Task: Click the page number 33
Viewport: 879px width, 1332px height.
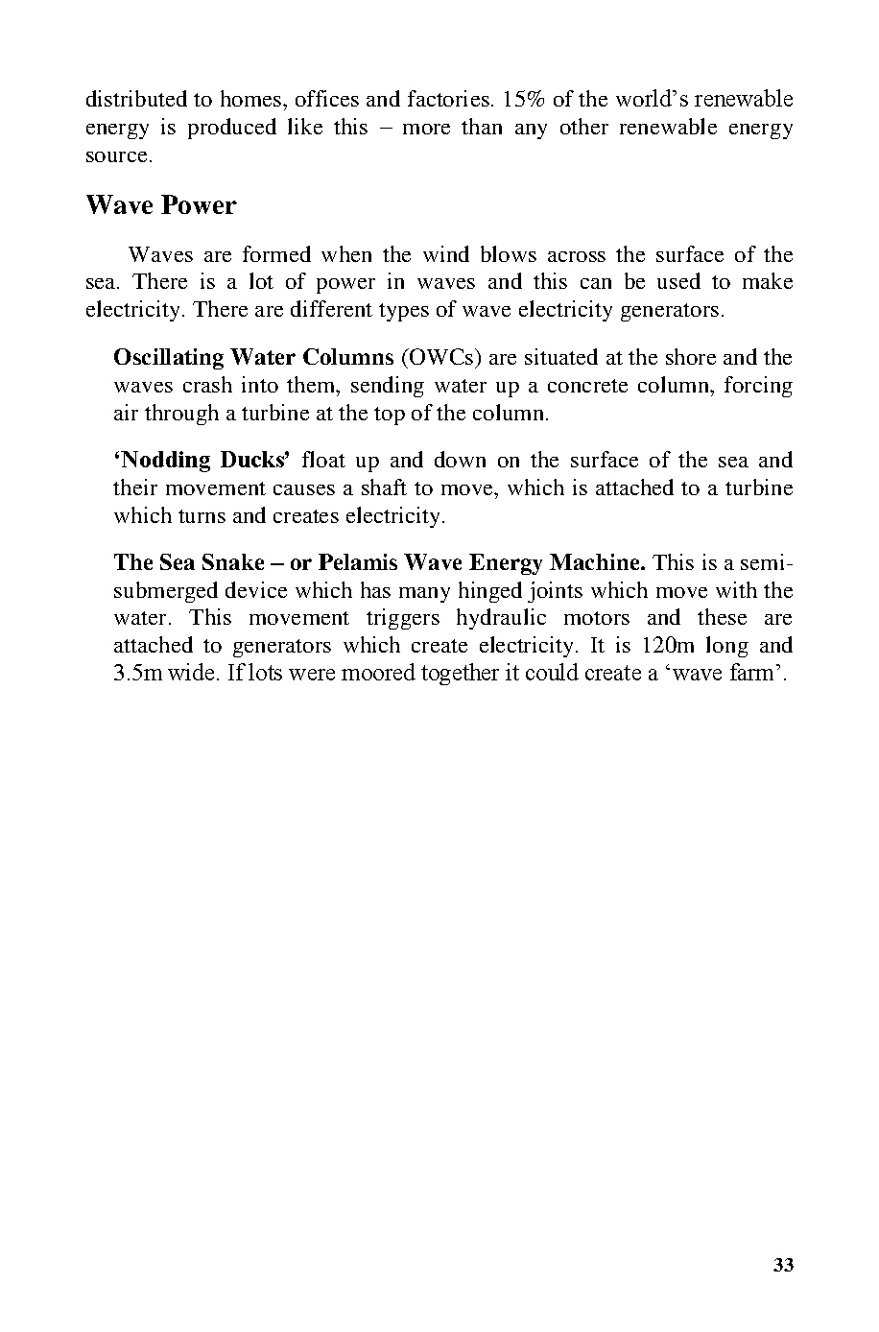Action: pyautogui.click(x=783, y=1265)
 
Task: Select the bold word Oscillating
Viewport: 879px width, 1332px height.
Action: pyautogui.click(x=169, y=358)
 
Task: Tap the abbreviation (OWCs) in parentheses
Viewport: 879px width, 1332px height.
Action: pyautogui.click(x=442, y=358)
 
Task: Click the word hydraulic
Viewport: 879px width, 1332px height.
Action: pyautogui.click(x=501, y=617)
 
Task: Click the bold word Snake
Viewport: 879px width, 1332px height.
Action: pyautogui.click(x=233, y=562)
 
